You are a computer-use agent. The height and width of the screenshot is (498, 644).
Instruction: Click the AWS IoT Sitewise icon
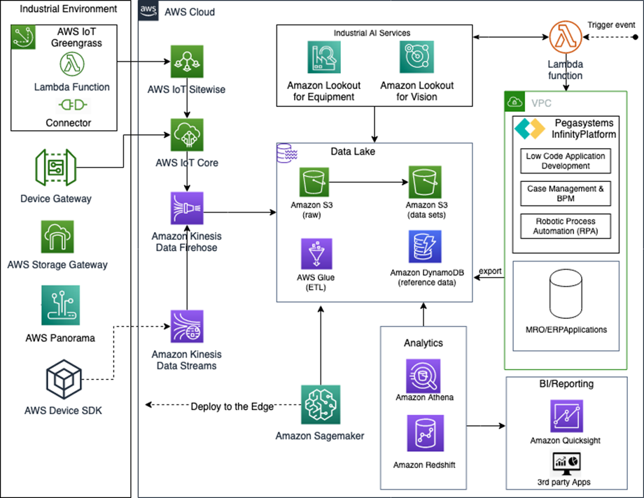coord(186,64)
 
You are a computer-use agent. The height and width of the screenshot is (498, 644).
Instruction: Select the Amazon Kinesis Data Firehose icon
coord(186,208)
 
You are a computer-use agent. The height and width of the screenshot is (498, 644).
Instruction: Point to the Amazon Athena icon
coord(424,375)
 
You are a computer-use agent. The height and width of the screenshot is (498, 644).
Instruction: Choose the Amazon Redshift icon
coord(424,432)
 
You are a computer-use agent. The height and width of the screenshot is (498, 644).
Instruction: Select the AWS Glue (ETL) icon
coord(316,254)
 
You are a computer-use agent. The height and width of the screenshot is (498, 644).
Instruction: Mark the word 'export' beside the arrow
coord(490,271)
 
